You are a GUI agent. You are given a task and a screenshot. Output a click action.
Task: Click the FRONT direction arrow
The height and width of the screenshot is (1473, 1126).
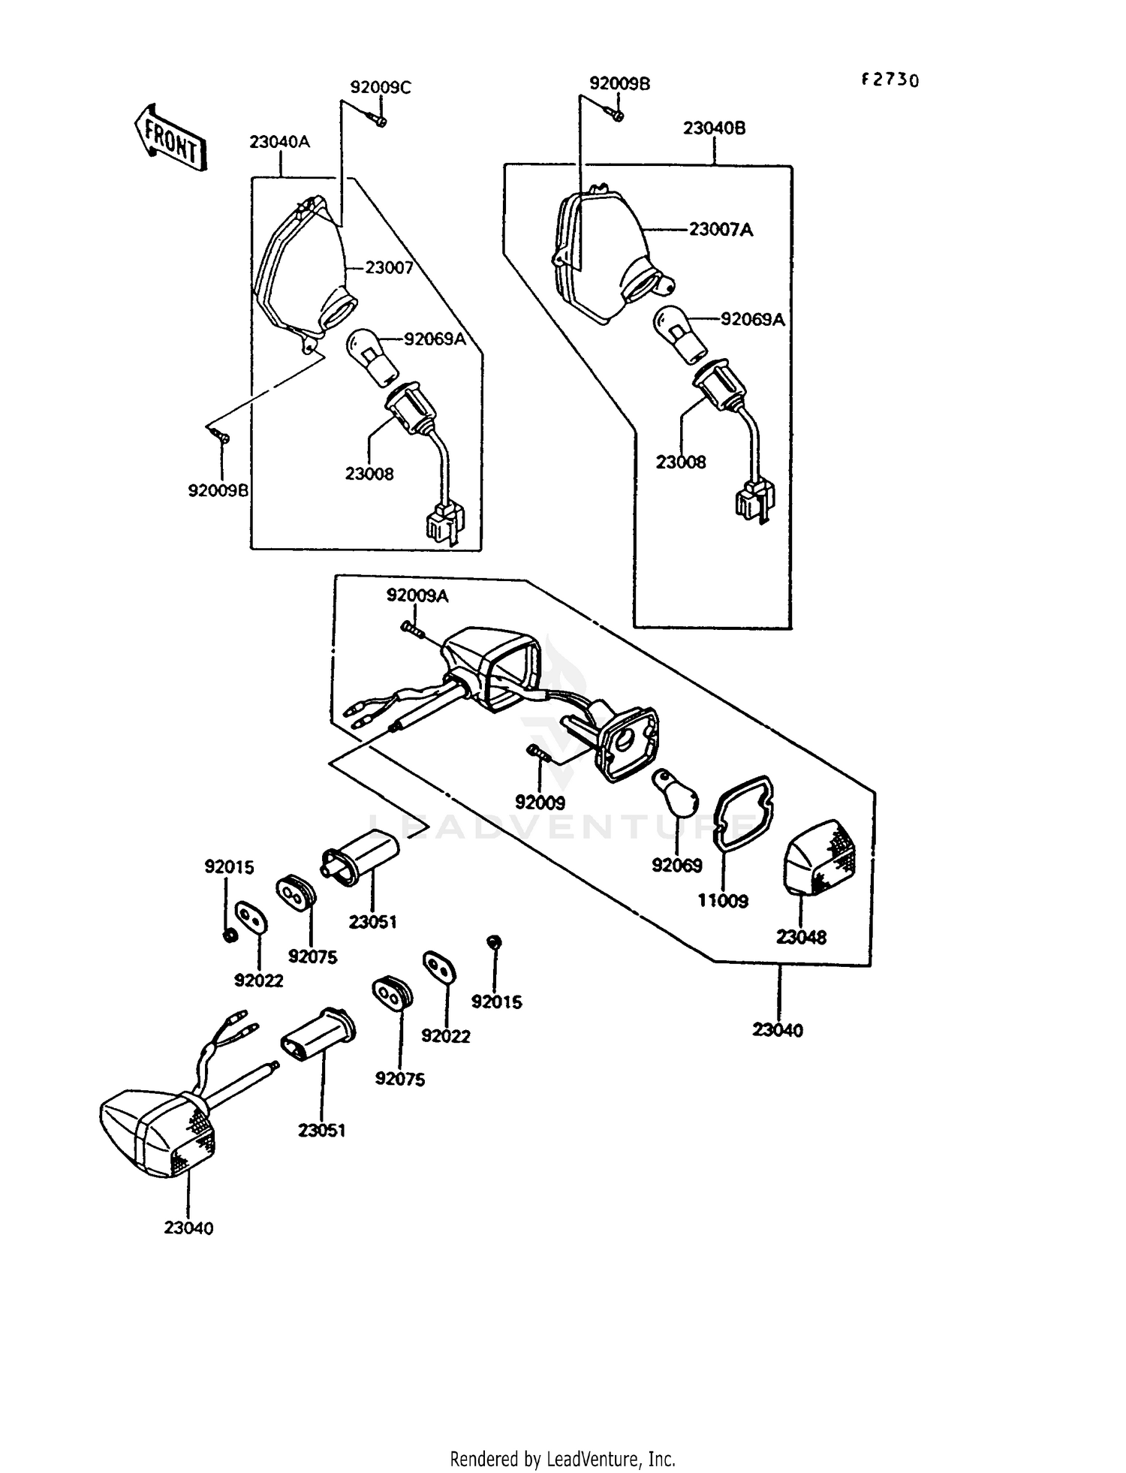pos(169,137)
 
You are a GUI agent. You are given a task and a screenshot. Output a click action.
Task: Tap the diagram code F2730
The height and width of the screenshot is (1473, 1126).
pos(890,80)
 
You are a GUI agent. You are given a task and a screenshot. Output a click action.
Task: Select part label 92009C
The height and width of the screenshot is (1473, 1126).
pos(381,87)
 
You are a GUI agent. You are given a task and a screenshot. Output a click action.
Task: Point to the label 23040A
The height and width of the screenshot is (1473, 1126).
pos(279,141)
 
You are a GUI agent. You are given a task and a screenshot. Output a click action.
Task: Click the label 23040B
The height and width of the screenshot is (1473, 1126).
pos(714,128)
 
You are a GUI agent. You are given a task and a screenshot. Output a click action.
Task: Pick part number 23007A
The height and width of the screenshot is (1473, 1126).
pos(721,230)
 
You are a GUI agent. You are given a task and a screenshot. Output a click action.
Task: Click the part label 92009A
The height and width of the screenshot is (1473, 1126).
pos(417,595)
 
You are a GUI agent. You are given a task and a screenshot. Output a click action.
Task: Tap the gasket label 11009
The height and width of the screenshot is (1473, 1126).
pos(723,901)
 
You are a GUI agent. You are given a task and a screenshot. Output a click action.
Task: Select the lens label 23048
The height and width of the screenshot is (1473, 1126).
pos(801,937)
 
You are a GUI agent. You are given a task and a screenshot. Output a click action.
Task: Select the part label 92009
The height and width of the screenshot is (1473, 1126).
pos(540,803)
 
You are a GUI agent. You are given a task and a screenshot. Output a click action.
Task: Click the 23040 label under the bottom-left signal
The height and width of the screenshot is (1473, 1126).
pos(188,1228)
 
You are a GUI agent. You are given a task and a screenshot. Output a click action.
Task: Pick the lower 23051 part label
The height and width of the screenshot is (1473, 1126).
pos(321,1130)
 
